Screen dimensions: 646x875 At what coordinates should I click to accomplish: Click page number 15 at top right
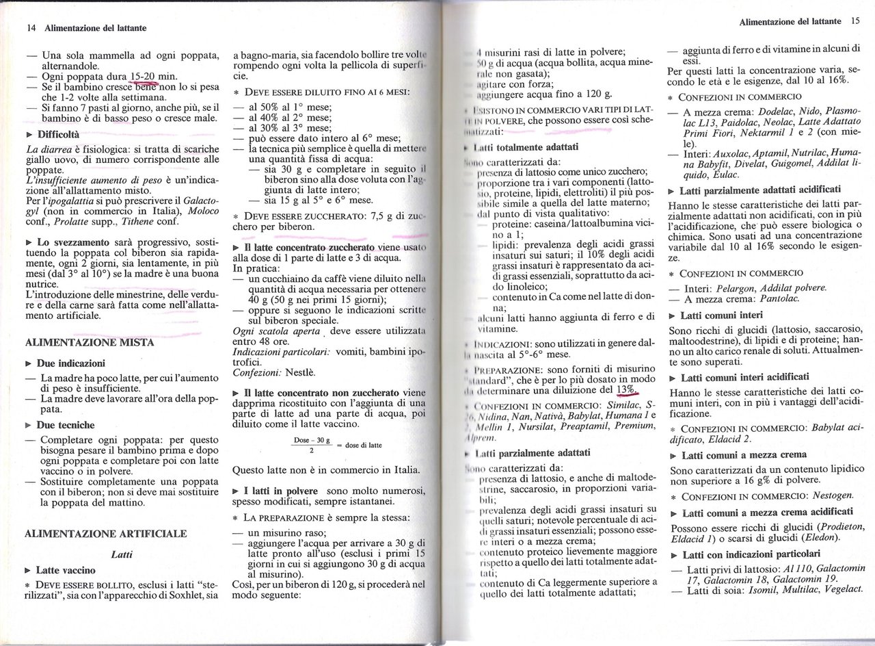click(x=854, y=21)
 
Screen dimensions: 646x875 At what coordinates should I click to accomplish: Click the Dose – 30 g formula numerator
click(x=311, y=440)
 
